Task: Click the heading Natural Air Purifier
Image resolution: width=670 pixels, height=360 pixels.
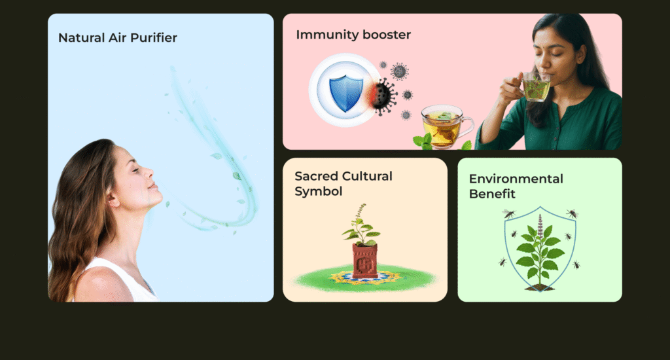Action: click(x=118, y=38)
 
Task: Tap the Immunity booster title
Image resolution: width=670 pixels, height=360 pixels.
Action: click(x=353, y=35)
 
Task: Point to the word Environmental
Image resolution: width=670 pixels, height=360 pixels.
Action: click(x=516, y=179)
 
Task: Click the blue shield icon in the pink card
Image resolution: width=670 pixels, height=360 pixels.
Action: click(x=345, y=93)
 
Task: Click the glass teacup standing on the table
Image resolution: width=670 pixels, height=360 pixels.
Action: click(x=446, y=127)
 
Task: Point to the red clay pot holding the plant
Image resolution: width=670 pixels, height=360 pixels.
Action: click(x=365, y=261)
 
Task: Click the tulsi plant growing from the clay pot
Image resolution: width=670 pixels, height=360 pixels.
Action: click(x=361, y=225)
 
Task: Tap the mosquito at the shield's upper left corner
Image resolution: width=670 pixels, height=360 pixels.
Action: click(x=509, y=213)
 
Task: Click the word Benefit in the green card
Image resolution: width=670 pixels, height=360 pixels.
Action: click(x=492, y=194)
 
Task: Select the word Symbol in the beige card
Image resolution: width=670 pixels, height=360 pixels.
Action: click(x=319, y=192)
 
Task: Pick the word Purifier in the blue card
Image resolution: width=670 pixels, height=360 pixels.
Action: click(x=153, y=38)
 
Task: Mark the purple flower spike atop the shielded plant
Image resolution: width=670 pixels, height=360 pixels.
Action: click(x=540, y=225)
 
